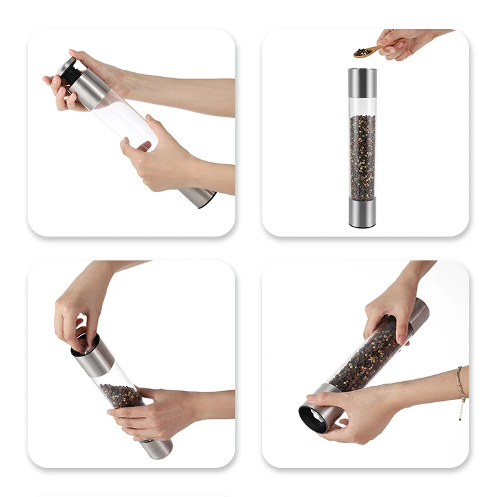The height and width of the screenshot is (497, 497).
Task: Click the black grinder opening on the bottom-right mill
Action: click(x=312, y=417)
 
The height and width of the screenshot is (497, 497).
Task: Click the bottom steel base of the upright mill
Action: click(x=362, y=212)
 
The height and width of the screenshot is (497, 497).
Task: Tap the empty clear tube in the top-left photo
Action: click(x=126, y=119)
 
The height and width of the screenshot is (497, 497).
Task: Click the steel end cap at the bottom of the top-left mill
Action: click(x=199, y=195)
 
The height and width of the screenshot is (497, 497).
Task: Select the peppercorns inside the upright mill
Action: click(x=362, y=156)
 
